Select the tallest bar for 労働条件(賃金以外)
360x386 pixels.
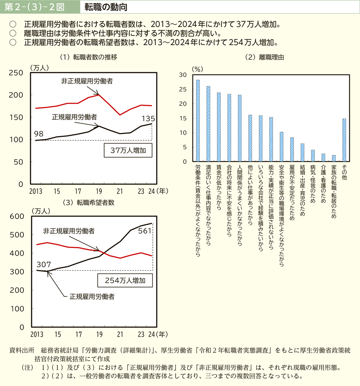[x=198, y=121]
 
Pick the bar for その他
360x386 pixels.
[x=344, y=140]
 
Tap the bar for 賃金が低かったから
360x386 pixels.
[x=219, y=127]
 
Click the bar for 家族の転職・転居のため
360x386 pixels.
[x=334, y=158]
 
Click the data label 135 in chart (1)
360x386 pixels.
[x=149, y=118]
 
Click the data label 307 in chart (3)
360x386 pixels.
[x=44, y=264]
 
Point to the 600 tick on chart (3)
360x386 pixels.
[x=17, y=216]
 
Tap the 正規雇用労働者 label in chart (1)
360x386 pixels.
[x=74, y=116]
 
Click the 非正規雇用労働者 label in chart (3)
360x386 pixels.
[x=69, y=231]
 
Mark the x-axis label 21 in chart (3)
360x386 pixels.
[x=120, y=334]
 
